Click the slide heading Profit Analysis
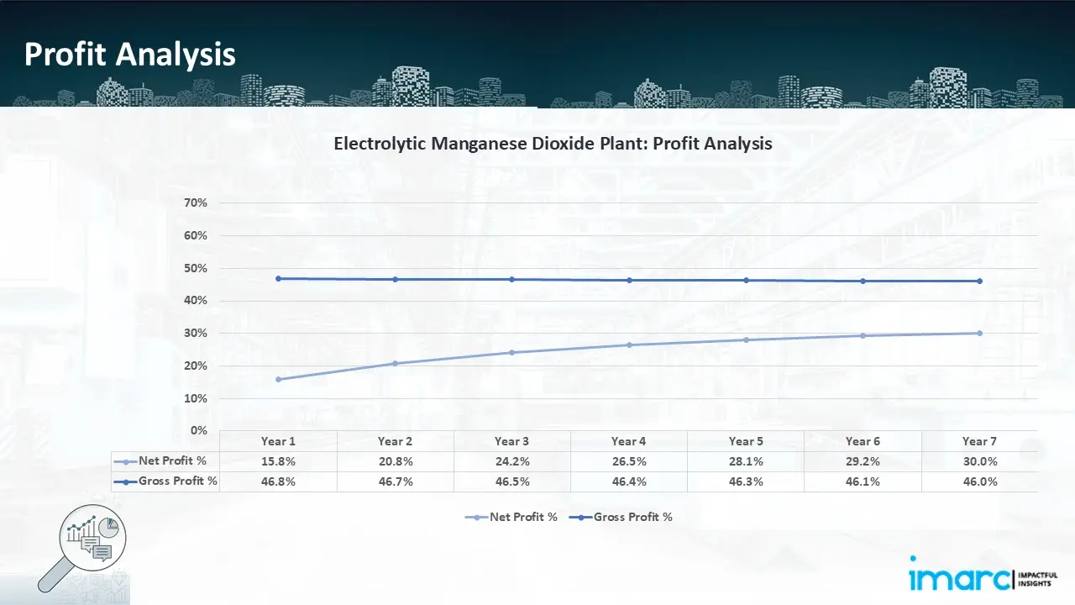point(129,55)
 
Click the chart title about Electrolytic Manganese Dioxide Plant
point(553,144)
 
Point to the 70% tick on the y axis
point(196,203)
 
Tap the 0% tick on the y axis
point(199,430)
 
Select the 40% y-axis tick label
point(196,301)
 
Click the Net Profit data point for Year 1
point(278,379)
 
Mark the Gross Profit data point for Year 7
point(979,281)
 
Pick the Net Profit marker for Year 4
point(629,345)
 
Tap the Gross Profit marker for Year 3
point(512,280)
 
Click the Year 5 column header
point(746,441)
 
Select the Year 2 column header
point(395,441)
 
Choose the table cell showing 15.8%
point(278,461)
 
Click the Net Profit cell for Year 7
point(980,461)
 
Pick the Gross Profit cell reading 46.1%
point(863,481)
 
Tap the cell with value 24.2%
point(512,461)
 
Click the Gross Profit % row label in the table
point(165,481)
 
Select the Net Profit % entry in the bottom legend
point(511,517)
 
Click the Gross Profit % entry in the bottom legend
point(621,517)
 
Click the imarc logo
point(983,574)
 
